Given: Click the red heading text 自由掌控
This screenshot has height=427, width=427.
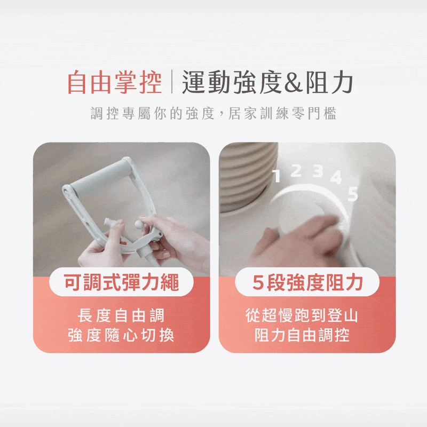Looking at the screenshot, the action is (x=115, y=82).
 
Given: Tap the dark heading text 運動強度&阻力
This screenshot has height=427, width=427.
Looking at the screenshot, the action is (x=268, y=82).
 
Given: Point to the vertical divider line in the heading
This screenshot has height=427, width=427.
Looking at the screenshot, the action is (x=172, y=82).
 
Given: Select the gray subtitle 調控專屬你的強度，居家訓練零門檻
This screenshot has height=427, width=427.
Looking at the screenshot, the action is (x=213, y=113).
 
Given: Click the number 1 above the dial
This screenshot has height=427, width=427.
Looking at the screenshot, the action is (x=276, y=176).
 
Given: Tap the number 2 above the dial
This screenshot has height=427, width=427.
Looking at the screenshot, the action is (x=296, y=170).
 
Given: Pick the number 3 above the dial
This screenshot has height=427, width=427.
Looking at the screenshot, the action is (x=318, y=171).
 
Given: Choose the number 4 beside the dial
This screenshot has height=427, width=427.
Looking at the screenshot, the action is (x=336, y=177).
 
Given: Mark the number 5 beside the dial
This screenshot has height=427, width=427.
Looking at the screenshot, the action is (x=353, y=194).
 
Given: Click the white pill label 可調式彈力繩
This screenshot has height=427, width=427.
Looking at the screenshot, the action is (x=121, y=282).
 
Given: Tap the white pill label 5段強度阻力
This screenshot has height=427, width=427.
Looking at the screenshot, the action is (x=307, y=282).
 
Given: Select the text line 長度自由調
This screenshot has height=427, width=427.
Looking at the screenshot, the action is (x=121, y=315).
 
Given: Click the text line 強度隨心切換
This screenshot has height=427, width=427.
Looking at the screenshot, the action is (x=121, y=335).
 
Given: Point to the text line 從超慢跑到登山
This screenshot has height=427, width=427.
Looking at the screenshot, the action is (x=302, y=315).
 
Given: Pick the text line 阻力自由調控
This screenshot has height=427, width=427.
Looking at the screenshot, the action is (x=302, y=335).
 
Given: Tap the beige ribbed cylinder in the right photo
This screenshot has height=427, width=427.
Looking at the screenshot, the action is (x=248, y=177).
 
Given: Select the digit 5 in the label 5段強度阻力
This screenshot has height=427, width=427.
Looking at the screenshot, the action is (x=258, y=282).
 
